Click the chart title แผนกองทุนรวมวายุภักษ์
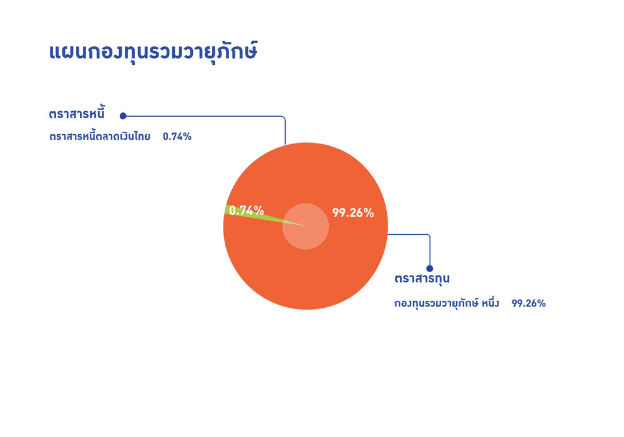(x=154, y=52)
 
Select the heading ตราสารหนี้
(x=77, y=114)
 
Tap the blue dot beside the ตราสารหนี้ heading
(x=123, y=116)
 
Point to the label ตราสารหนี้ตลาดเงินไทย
(x=99, y=137)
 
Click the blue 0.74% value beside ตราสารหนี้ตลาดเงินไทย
(x=177, y=137)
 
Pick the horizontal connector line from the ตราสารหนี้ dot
(x=203, y=116)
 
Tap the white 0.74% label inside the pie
(x=246, y=210)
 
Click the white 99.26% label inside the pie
(x=353, y=213)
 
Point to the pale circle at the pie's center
(x=306, y=227)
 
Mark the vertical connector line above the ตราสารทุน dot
(x=430, y=252)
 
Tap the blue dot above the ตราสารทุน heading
(x=430, y=268)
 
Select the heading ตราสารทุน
(x=422, y=278)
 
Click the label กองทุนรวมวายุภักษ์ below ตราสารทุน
(x=436, y=303)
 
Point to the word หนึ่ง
(x=490, y=303)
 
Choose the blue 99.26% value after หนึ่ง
(x=529, y=303)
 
